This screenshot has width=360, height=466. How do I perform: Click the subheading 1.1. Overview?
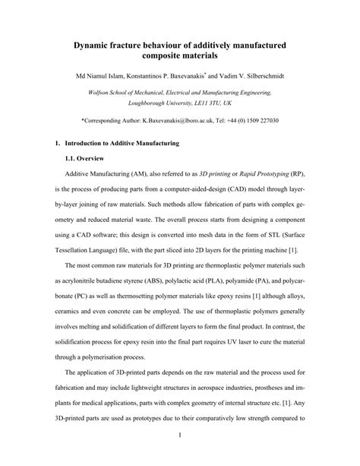tap(86, 159)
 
